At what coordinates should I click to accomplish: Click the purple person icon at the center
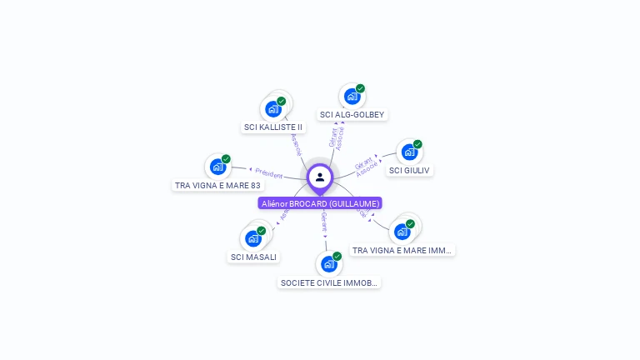(320, 177)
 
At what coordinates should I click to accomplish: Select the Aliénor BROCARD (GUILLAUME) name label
(320, 203)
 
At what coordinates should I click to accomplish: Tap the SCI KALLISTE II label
(273, 127)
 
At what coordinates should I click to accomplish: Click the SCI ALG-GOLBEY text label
(352, 114)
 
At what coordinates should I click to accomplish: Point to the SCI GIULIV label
(410, 170)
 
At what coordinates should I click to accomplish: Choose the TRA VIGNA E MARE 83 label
(217, 185)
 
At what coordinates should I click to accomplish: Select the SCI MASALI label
(253, 257)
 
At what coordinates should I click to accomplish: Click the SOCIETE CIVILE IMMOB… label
(329, 282)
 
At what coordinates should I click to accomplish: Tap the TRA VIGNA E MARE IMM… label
(402, 250)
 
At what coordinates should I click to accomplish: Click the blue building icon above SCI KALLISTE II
(272, 108)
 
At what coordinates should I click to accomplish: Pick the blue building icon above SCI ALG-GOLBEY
(352, 96)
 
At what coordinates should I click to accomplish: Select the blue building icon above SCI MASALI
(252, 237)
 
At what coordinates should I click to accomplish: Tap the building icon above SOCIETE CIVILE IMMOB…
(328, 264)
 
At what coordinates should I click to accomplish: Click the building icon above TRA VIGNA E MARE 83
(217, 166)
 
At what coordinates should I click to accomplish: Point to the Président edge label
(268, 173)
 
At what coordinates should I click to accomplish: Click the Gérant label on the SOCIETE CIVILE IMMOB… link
(324, 222)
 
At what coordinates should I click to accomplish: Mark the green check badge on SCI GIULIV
(417, 144)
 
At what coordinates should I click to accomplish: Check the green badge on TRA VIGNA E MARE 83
(226, 159)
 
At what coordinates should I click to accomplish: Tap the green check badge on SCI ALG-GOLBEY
(360, 88)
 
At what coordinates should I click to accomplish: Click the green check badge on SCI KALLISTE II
(282, 101)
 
